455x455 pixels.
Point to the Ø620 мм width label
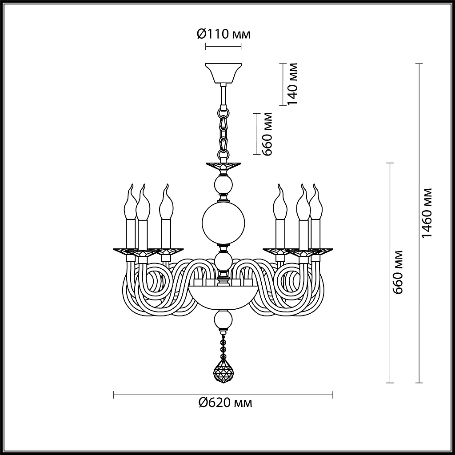pyautogui.click(x=225, y=403)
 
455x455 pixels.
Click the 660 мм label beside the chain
pyautogui.click(x=267, y=133)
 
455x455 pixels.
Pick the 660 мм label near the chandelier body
pyautogui.click(x=398, y=272)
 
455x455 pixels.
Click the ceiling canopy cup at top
pyautogui.click(x=223, y=73)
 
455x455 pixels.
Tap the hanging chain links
pyautogui.click(x=223, y=129)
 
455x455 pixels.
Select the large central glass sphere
pyautogui.click(x=223, y=223)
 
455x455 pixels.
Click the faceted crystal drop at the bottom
pyautogui.click(x=223, y=370)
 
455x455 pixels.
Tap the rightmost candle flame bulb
pyautogui.click(x=316, y=202)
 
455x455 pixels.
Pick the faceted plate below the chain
pyautogui.click(x=223, y=166)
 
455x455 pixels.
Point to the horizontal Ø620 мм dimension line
pyautogui.click(x=178, y=394)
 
